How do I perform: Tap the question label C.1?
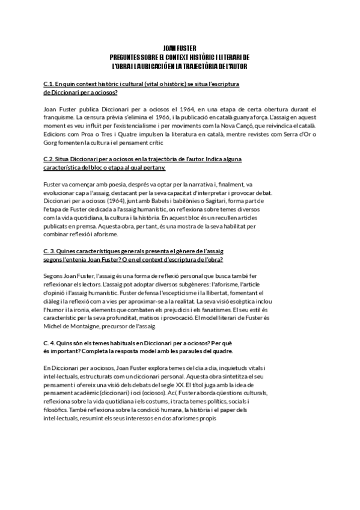50,84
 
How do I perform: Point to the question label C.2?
50,158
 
